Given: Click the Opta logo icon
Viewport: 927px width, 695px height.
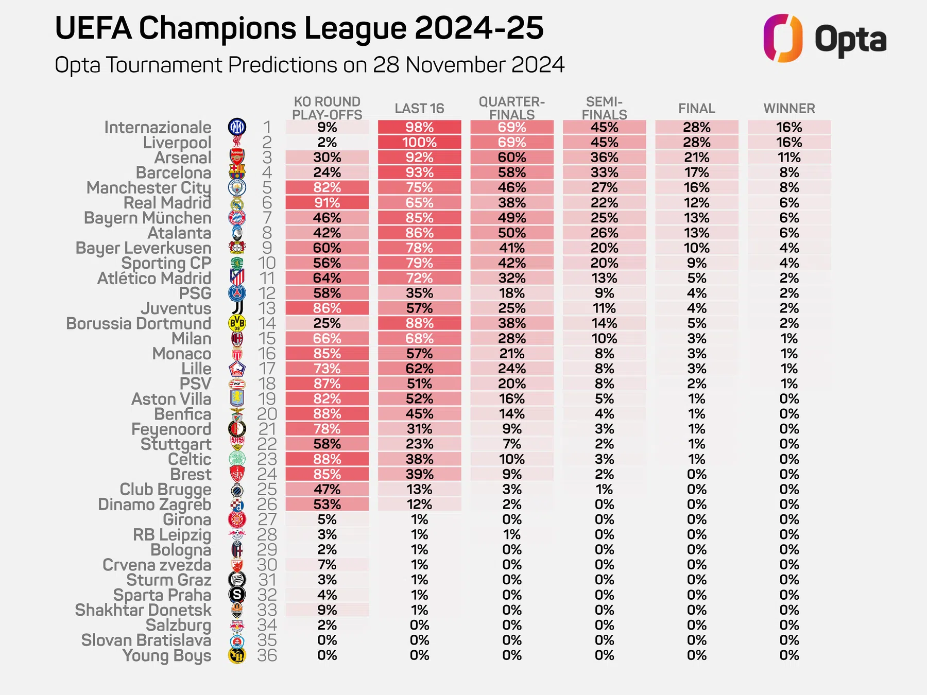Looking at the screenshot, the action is pyautogui.click(x=782, y=38).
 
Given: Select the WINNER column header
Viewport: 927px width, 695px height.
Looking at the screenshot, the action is pyautogui.click(x=789, y=109).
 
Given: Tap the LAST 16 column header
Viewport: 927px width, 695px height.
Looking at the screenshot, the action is pyautogui.click(x=419, y=109).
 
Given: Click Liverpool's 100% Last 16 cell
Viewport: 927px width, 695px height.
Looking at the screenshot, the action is pyautogui.click(x=420, y=142).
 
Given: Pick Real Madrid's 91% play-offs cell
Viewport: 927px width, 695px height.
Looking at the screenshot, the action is pyautogui.click(x=327, y=203).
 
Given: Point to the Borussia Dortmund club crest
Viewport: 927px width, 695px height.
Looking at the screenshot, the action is pyautogui.click(x=237, y=323).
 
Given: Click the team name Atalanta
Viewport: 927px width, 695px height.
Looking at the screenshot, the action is pyautogui.click(x=179, y=233).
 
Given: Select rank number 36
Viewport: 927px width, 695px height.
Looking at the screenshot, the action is pyautogui.click(x=267, y=655).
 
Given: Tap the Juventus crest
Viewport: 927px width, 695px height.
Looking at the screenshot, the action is pyautogui.click(x=237, y=308).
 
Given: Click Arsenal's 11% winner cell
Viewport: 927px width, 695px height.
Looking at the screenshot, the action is pyautogui.click(x=789, y=158).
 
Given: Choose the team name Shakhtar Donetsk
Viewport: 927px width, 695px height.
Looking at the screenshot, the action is pyautogui.click(x=143, y=610).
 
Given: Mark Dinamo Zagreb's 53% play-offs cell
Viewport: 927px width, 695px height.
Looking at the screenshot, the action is pyautogui.click(x=327, y=505).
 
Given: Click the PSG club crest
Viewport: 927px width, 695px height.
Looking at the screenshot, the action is pyautogui.click(x=237, y=293).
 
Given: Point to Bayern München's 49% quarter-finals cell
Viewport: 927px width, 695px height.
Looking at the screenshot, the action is pyautogui.click(x=512, y=218).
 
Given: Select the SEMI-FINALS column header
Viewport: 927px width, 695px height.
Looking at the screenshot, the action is pyautogui.click(x=604, y=108).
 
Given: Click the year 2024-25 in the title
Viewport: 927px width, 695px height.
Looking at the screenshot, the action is pyautogui.click(x=479, y=28).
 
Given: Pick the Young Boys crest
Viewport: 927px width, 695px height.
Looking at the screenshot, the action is pyautogui.click(x=237, y=655).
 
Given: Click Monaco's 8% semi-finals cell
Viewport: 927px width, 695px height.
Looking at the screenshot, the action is pyautogui.click(x=604, y=354).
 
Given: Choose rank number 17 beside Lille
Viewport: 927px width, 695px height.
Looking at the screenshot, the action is pyautogui.click(x=267, y=369).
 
